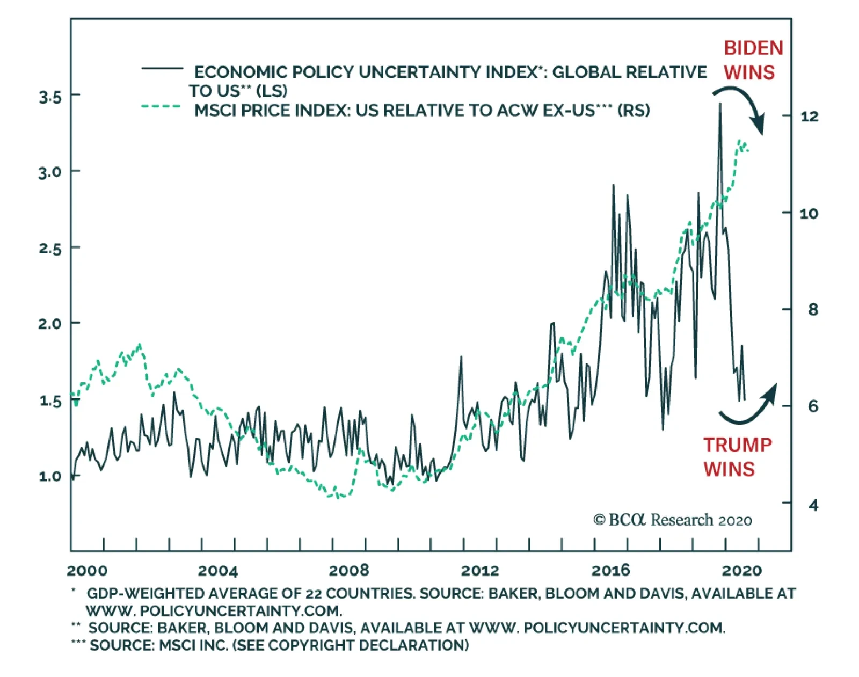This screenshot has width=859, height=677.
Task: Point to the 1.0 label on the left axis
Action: point(50,476)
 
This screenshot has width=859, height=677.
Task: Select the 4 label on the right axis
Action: point(813,505)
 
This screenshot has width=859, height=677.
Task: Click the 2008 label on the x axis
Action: point(349,570)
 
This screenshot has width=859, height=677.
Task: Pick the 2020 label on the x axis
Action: point(741,570)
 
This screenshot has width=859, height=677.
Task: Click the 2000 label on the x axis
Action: point(88,570)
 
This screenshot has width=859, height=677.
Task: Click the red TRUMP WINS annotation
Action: point(737,457)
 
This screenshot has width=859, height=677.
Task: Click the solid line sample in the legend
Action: point(162,69)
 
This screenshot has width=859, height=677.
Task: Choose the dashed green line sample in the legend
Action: point(161,107)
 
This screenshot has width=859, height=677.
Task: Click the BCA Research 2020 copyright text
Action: point(672,520)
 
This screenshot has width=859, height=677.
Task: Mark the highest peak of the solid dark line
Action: point(720,104)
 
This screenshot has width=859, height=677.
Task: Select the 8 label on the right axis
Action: point(813,310)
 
